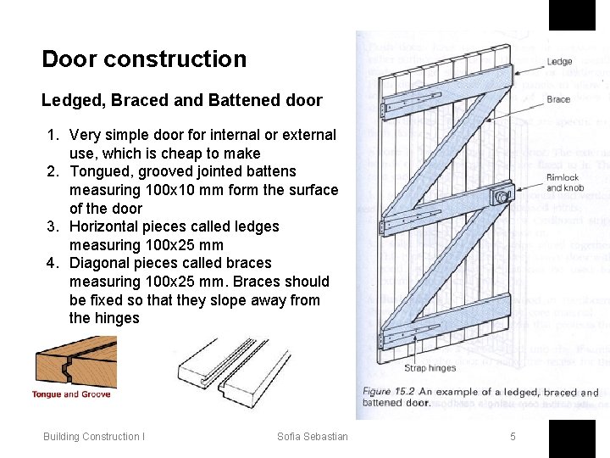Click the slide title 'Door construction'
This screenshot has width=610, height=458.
point(144,59)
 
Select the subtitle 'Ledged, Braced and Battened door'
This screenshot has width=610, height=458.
point(181,100)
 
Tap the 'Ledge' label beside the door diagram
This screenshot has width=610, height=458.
point(559,62)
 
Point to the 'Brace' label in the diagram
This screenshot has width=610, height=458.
point(558,99)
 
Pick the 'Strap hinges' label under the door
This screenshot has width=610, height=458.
point(430,368)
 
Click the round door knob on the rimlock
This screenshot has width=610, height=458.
point(502,198)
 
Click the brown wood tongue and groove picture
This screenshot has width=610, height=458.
point(75,364)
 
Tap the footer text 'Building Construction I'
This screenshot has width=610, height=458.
point(94,437)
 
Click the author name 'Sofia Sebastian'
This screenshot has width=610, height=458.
point(312,437)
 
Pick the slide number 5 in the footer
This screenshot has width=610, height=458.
point(513,437)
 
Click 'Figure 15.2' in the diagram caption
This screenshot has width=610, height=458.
point(389,392)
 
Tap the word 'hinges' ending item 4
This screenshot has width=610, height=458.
point(116,318)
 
